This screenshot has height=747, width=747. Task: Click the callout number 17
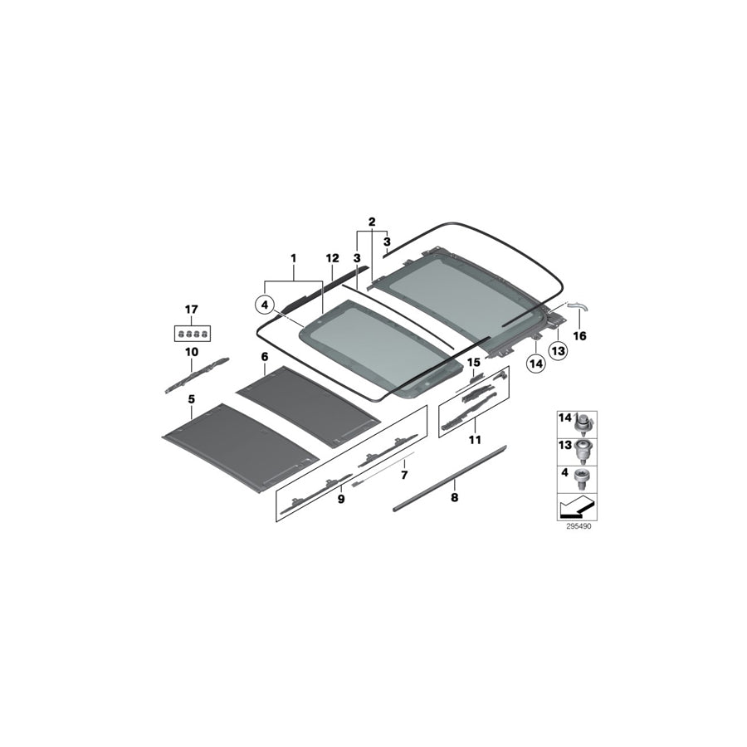tap(192, 310)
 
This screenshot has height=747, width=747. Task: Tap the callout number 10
tap(192, 352)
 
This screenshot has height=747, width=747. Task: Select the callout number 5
tap(192, 399)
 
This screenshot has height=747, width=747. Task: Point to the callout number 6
tap(265, 357)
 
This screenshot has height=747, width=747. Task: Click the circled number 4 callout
tap(265, 305)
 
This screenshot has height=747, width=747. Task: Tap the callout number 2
tap(372, 222)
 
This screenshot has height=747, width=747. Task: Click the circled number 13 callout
tap(557, 353)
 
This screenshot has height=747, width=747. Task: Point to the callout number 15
tap(474, 362)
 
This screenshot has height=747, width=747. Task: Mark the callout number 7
tap(404, 476)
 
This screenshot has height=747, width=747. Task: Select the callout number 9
tap(341, 500)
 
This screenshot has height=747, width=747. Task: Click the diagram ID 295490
tap(574, 525)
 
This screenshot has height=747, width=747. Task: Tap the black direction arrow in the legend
tap(574, 505)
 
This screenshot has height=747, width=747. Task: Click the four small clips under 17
tap(192, 334)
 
